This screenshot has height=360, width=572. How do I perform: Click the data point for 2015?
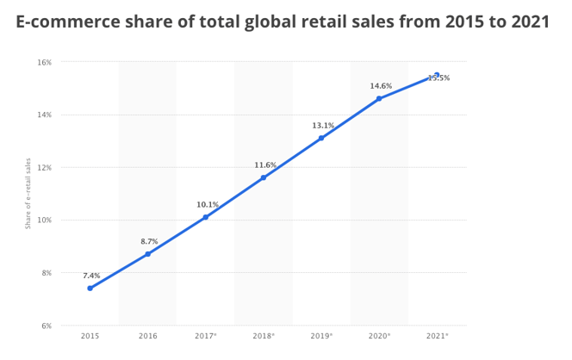click(90, 289)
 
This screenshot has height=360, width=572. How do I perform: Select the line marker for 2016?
click(147, 254)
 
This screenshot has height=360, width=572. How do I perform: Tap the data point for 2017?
click(206, 217)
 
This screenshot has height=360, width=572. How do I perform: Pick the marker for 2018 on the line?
click(264, 177)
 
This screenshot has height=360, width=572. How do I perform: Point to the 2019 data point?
click(321, 138)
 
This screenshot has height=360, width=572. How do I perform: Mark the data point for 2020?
click(379, 98)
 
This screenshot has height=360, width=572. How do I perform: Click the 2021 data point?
click(437, 75)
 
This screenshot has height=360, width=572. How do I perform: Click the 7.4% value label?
click(91, 276)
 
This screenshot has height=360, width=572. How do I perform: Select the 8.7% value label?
click(150, 241)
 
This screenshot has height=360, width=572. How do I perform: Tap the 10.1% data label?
click(208, 204)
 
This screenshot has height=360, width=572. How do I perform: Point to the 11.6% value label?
click(265, 164)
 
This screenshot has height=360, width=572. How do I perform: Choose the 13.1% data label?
click(323, 125)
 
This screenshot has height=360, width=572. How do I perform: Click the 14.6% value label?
click(381, 85)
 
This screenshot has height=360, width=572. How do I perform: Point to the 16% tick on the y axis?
click(44, 62)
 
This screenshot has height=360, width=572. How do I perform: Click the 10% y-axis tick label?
click(44, 220)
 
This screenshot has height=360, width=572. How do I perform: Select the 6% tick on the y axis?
click(46, 326)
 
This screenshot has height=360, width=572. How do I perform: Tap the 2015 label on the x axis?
click(90, 335)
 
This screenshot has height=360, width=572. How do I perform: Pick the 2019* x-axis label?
click(321, 335)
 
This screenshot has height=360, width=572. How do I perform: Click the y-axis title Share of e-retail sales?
click(28, 194)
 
